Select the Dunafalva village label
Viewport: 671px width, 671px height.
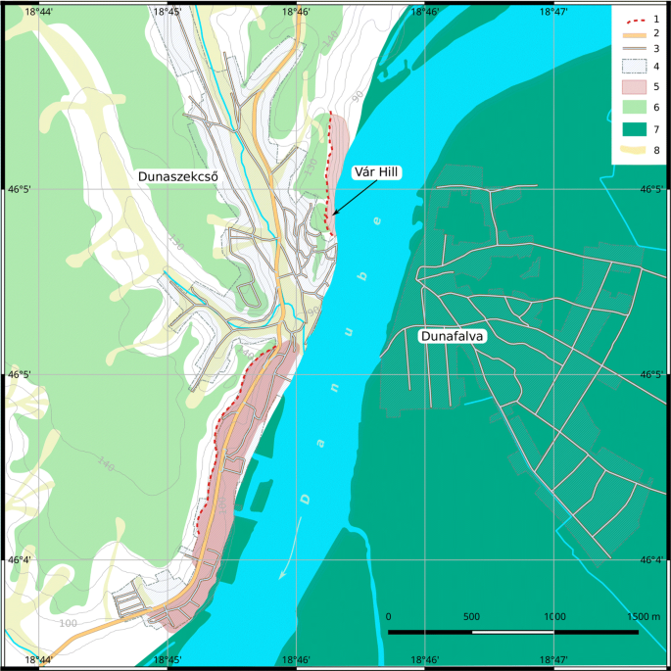454,336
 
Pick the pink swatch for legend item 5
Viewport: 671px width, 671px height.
630,87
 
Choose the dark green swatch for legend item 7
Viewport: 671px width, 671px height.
630,129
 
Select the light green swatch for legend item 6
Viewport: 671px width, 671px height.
630,108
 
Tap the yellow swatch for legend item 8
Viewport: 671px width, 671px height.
630,151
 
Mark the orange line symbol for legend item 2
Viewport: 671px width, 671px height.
630,33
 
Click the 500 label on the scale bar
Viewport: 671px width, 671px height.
472,617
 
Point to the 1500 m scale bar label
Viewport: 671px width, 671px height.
643,617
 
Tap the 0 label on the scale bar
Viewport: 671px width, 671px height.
389,617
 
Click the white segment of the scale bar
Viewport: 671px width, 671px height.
513,633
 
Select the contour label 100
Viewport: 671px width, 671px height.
68,623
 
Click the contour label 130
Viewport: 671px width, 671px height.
175,242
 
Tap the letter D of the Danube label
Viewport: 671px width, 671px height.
306,498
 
